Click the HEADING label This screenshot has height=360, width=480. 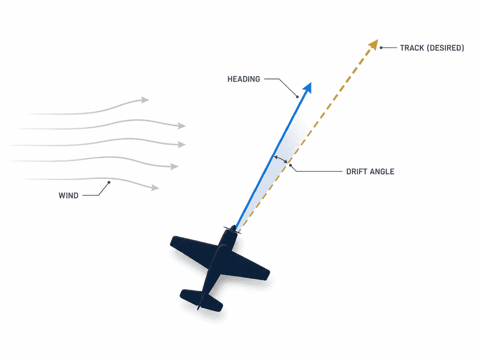click(244, 79)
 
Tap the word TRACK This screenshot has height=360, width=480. click(412, 48)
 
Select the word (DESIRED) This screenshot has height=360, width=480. click(446, 48)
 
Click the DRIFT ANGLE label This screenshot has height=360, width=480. click(370, 171)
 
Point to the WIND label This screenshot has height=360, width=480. click(69, 195)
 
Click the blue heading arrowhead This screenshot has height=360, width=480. click(308, 87)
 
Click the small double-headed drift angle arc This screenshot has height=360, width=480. click(281, 159)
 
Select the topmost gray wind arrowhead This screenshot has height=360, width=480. click(145, 100)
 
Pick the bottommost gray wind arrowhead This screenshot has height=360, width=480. click(155, 187)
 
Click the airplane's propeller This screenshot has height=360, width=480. click(233, 229)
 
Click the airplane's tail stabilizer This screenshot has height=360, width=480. click(201, 300)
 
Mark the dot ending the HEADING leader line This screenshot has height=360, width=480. click(297, 97)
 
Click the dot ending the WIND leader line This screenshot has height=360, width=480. click(109, 182)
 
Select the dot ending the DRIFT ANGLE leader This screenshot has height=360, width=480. click(290, 165)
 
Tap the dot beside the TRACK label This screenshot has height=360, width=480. click(381, 48)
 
